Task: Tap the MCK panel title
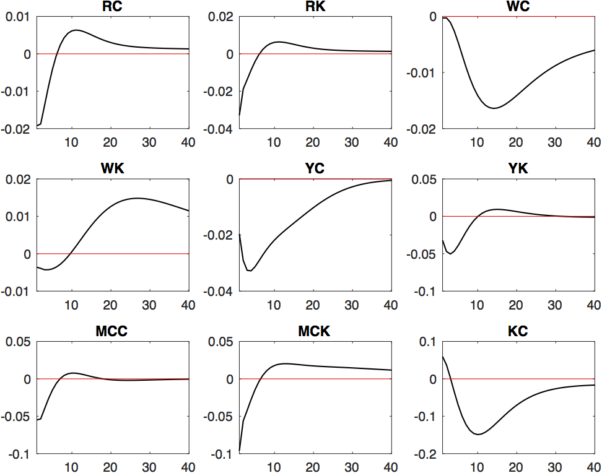pos(315,331)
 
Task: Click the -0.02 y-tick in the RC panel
pos(17,129)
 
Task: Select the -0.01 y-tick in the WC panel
pos(422,73)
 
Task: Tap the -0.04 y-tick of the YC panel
pos(219,292)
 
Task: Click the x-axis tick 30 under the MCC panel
pos(150,466)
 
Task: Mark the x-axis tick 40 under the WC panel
pos(593,142)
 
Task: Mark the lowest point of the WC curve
pos(494,108)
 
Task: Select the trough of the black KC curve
pos(478,434)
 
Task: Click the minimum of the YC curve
pos(250,271)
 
